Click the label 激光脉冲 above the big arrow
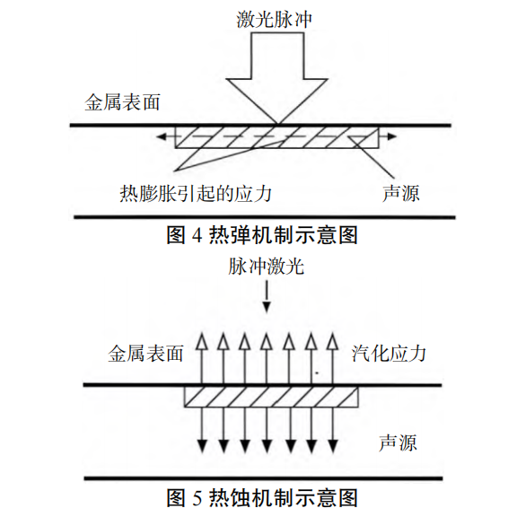274,19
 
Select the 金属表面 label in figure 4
122,102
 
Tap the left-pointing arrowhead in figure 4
162,136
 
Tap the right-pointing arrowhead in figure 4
391,136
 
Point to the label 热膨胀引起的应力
196,193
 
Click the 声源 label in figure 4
401,193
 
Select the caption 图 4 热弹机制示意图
262,235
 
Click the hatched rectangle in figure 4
277,137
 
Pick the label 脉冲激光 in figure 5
266,267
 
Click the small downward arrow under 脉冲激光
267,298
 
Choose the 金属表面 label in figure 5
145,354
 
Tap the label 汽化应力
389,354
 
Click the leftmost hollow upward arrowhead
201,341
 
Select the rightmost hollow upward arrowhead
332,341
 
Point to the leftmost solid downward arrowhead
202,446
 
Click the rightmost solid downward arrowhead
333,446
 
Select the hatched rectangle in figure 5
271,397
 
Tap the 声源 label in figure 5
398,443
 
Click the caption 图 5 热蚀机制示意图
262,498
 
